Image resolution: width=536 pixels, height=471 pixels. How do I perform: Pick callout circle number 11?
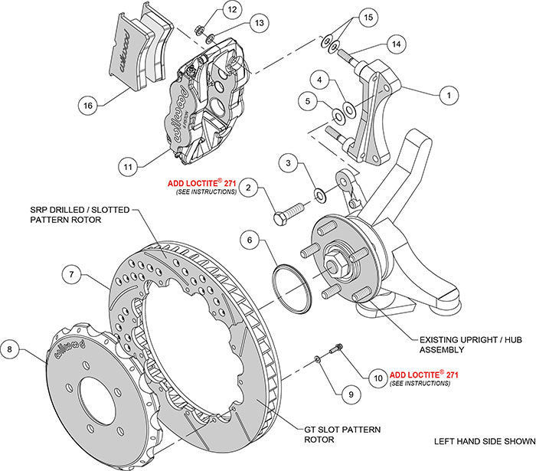pyautogui.click(x=130, y=164)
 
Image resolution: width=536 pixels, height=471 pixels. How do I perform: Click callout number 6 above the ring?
pyautogui.click(x=248, y=240)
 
